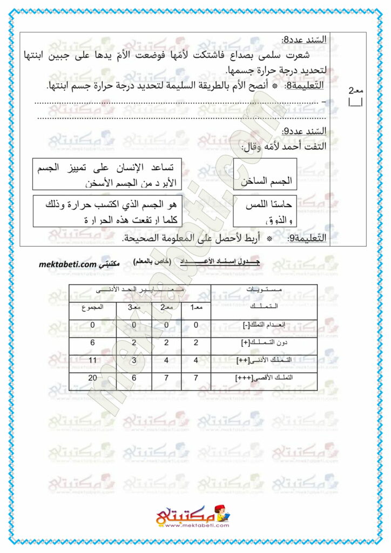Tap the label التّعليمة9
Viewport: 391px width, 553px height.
[306, 238]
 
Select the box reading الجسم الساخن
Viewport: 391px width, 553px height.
[265, 174]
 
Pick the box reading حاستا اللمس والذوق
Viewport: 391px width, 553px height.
[265, 211]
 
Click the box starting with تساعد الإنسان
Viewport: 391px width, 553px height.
[106, 174]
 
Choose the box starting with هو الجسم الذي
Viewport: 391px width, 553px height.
[106, 211]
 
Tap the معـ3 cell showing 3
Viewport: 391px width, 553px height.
[133, 360]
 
